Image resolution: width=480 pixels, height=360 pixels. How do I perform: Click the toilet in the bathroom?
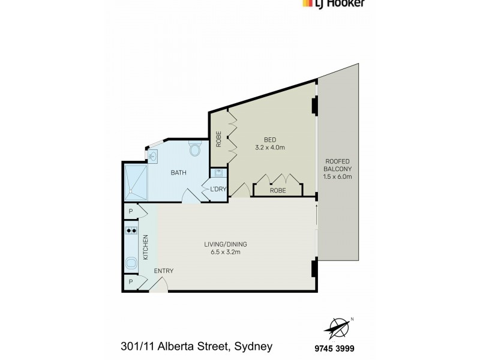[194, 148]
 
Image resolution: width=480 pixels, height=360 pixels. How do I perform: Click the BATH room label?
[178, 173]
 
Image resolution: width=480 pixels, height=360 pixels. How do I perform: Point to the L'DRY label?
[217, 190]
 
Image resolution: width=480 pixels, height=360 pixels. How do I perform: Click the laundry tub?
[219, 175]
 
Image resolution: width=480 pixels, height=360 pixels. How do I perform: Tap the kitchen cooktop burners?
[131, 230]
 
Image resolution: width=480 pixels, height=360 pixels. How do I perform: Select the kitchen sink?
[131, 262]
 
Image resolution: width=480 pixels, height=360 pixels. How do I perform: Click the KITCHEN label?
[145, 247]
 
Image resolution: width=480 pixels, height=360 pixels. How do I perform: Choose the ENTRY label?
[163, 271]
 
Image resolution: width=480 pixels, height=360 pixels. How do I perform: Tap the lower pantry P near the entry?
[130, 282]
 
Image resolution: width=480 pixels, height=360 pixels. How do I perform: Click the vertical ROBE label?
[219, 139]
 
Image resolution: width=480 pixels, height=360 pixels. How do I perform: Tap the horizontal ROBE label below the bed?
[277, 190]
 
